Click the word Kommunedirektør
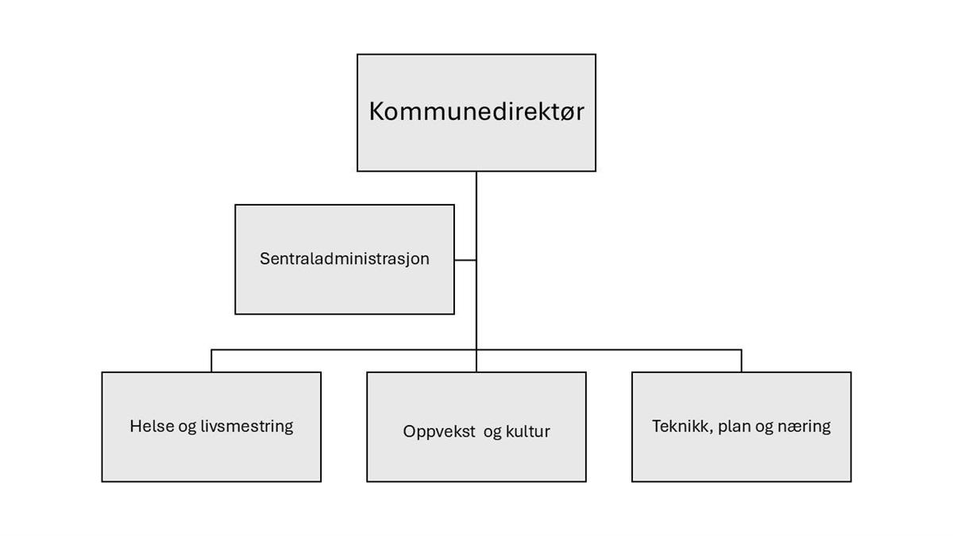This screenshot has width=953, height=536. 476,111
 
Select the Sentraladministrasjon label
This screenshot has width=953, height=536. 345,259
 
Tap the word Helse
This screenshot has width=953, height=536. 151,426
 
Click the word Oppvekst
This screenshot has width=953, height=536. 439,432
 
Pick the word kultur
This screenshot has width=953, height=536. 527,431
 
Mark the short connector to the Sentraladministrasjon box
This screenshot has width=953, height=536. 465,260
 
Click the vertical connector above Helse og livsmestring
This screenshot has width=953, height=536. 211,361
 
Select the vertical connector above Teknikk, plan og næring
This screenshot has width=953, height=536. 742,361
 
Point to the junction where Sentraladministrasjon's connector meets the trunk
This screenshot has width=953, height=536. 476,260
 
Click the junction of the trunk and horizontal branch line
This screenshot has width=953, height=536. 476,350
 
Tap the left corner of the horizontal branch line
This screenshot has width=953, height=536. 211,350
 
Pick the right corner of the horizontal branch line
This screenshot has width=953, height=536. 742,350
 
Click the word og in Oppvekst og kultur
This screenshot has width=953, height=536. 492,433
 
